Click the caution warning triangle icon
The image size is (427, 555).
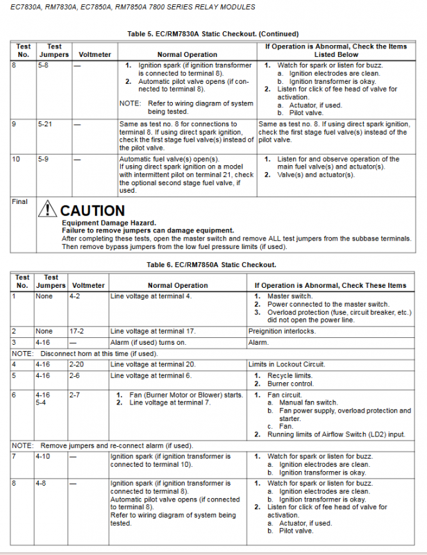click(x=48, y=209)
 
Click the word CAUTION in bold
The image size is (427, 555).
click(x=92, y=210)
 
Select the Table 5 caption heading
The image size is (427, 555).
click(x=213, y=33)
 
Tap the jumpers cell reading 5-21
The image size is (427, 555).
click(x=46, y=124)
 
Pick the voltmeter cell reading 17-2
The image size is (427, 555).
click(x=78, y=331)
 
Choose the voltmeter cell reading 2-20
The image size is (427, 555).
click(x=78, y=364)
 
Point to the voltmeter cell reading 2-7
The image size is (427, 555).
click(x=76, y=395)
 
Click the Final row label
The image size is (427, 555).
click(x=20, y=201)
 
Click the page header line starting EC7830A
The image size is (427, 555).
click(x=129, y=7)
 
